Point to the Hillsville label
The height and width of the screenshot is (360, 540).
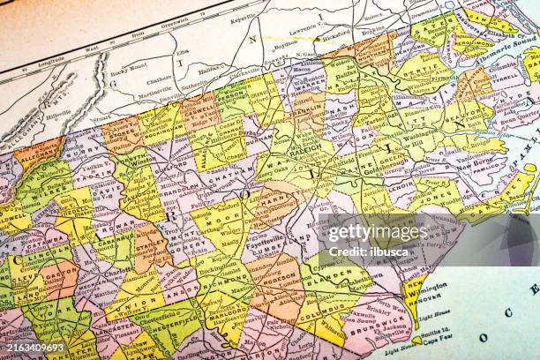[58, 114]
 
